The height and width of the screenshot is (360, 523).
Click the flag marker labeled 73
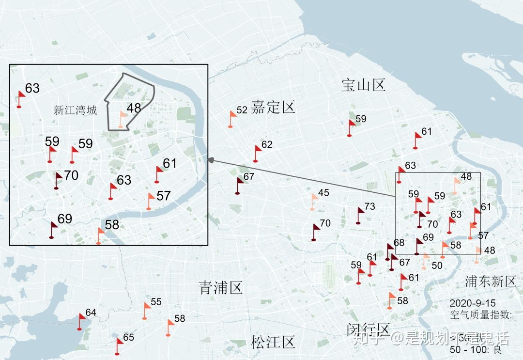tap(360, 214)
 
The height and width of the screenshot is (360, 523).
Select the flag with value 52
tap(232, 118)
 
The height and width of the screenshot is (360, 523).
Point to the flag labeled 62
tap(257, 153)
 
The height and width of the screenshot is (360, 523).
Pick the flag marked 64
tap(81, 320)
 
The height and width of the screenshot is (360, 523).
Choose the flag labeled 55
tap(146, 310)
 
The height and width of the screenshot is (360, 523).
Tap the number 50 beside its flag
tap(437, 266)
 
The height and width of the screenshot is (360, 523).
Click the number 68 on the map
tap(399, 242)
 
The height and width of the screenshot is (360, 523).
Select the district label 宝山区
tap(363, 86)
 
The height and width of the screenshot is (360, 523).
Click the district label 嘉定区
tap(273, 107)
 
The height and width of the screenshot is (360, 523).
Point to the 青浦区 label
tap(220, 288)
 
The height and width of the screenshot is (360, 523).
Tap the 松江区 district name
tap(273, 342)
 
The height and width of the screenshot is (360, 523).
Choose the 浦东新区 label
tap(491, 281)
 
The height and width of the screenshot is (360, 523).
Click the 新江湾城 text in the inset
tap(76, 110)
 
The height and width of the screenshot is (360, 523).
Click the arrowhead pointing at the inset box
tap(210, 160)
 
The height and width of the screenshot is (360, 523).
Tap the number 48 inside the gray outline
tap(134, 108)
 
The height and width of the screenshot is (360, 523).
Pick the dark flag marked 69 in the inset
tap(53, 229)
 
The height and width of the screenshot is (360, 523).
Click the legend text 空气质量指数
tap(479, 315)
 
